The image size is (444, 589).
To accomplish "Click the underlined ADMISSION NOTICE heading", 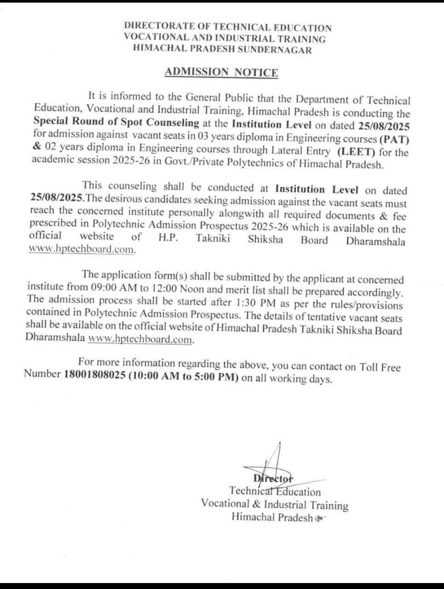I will tap(221, 72).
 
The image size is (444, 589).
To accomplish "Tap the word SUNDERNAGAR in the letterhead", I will tap(275, 50).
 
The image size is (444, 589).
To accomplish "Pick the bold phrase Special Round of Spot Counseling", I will tap(116, 122).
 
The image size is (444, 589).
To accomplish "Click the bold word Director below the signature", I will tap(273, 479).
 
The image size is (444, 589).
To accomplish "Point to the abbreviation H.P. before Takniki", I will tap(168, 238).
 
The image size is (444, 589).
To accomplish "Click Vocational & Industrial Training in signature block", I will tap(274, 504).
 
